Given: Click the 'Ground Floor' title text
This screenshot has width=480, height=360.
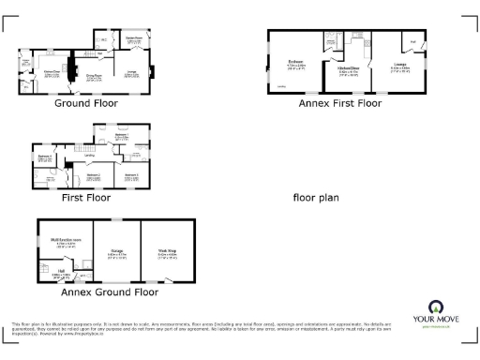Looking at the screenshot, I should coord(84,103).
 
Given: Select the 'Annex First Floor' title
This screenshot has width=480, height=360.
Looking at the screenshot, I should coord(340,103).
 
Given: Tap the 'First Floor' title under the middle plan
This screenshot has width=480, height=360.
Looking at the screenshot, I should coord(86,198).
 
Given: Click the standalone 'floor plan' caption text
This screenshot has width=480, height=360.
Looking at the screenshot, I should coord(316,198).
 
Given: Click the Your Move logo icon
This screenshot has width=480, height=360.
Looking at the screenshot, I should coord(435,307).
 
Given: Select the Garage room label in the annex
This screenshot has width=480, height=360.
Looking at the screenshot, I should coord(117,250).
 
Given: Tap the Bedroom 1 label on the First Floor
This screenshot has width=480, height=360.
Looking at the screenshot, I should coord(121,137).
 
